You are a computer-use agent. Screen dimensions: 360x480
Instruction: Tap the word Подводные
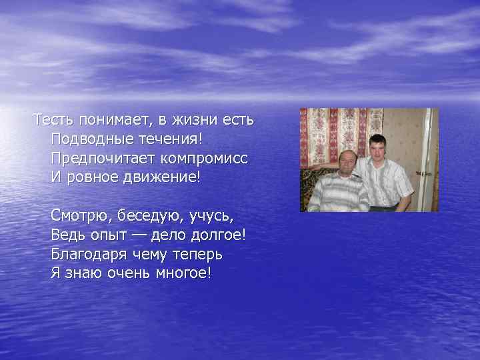[x=86, y=141]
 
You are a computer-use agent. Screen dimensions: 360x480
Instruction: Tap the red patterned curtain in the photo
[x=327, y=133]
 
